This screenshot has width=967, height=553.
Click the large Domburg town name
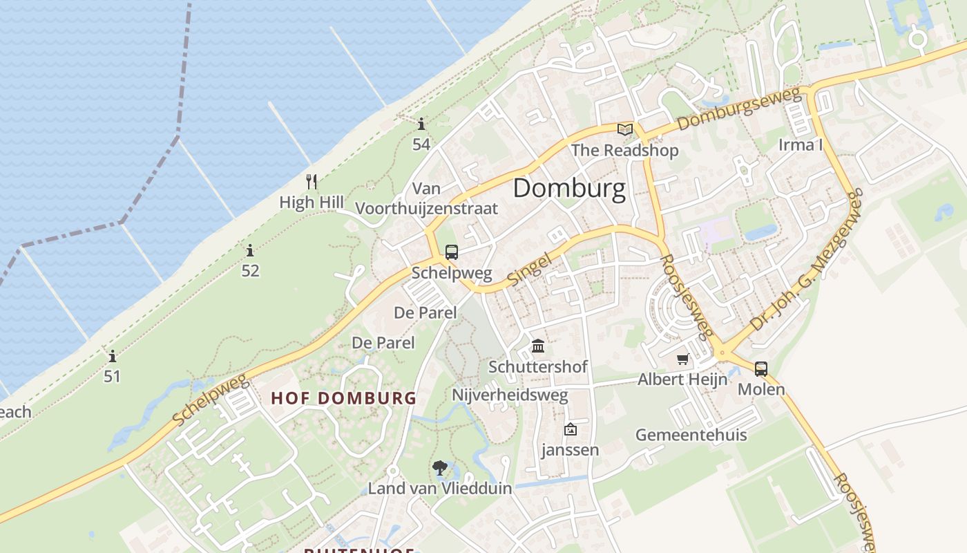[569, 188]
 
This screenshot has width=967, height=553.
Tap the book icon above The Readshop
[625, 129]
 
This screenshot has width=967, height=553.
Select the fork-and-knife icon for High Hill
[312, 182]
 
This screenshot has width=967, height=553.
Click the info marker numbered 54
[421, 124]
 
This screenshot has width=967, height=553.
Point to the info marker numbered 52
[250, 251]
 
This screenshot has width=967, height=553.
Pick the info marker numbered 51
[113, 357]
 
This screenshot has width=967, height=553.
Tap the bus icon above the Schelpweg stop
[452, 252]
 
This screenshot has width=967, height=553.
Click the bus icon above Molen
[761, 369]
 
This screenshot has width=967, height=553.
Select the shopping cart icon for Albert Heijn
[683, 359]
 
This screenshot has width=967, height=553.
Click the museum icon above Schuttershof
[538, 346]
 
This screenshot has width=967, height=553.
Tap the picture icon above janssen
[571, 430]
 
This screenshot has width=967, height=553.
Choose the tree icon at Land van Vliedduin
[439, 469]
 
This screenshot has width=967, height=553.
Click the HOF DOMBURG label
[344, 398]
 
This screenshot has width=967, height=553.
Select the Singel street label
[530, 270]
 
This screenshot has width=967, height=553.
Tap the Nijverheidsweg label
[510, 395]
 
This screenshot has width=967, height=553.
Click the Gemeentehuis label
[691, 435]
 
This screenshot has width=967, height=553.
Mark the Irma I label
[801, 145]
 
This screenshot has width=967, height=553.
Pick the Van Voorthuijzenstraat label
[426, 198]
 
